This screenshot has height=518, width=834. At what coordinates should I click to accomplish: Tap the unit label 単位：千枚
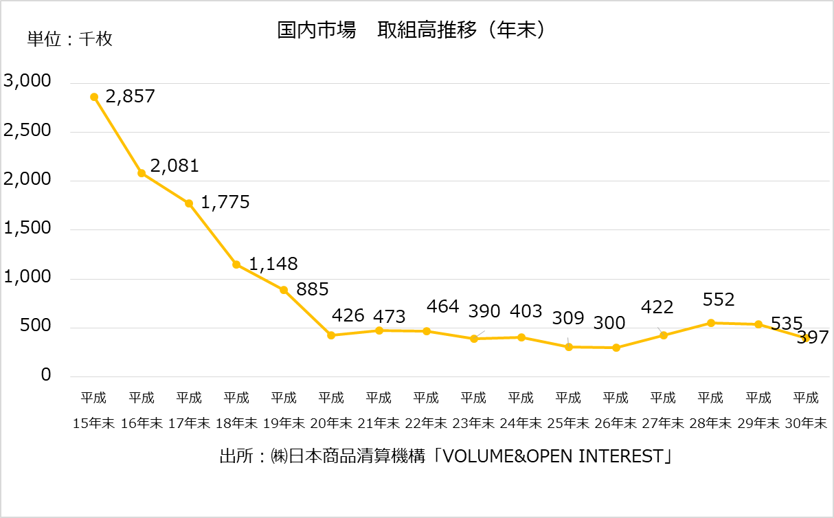tap(69, 39)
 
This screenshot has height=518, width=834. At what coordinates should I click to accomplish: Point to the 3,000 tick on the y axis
tap(28, 82)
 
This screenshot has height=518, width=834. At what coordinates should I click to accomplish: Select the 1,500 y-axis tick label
tap(28, 229)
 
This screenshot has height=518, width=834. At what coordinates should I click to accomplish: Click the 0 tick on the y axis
tap(46, 375)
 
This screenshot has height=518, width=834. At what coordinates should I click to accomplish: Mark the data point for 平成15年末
tap(94, 97)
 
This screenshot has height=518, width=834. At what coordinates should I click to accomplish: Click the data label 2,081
tap(174, 166)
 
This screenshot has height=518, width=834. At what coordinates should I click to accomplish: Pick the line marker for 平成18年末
tap(236, 264)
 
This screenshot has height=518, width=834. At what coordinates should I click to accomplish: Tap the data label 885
tap(313, 289)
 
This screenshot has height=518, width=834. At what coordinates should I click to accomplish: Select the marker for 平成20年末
tap(331, 335)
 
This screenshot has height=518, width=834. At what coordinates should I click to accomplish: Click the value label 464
tap(442, 306)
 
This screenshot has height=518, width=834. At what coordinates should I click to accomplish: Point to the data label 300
tap(609, 322)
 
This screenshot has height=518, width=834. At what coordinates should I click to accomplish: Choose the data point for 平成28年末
tap(710, 323)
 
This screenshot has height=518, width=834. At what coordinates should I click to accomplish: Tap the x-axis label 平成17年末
tap(189, 410)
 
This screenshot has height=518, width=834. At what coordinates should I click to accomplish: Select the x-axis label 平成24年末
tap(521, 410)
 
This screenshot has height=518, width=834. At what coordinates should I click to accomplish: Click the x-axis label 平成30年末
tap(806, 410)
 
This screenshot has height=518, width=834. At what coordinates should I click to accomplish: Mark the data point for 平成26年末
tap(616, 348)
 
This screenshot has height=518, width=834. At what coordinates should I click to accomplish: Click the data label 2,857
tap(131, 96)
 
